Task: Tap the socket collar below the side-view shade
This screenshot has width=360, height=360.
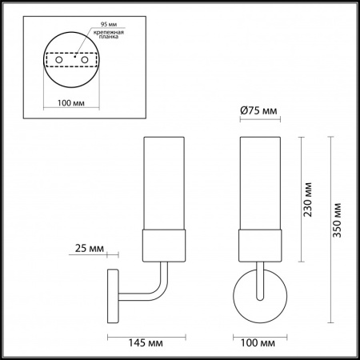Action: (x=164, y=245)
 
